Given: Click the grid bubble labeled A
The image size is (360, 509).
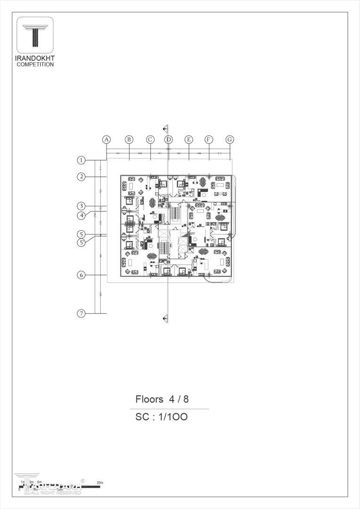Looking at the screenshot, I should pyautogui.click(x=106, y=140).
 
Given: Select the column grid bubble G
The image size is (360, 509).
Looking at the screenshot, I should pyautogui.click(x=229, y=140).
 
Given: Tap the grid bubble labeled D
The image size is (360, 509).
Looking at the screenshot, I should pyautogui.click(x=169, y=140).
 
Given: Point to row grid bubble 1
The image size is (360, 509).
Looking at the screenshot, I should pyautogui.click(x=82, y=160).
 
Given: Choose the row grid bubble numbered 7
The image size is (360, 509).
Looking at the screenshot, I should pyautogui.click(x=82, y=313).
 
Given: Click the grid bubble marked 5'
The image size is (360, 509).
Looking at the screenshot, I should pyautogui.click(x=82, y=242).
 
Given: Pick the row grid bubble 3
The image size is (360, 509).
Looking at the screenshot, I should pyautogui.click(x=82, y=206).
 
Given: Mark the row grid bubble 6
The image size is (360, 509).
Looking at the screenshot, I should pyautogui.click(x=82, y=275).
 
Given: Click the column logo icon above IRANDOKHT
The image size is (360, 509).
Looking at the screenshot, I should pyautogui.click(x=35, y=35).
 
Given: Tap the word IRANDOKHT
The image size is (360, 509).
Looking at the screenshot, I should pyautogui.click(x=35, y=58).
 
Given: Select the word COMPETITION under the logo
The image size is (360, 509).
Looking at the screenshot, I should pyautogui.click(x=35, y=65).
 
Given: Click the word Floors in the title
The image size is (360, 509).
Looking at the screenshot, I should pyautogui.click(x=149, y=399).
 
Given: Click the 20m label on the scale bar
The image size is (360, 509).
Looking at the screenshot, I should pyautogui.click(x=99, y=483).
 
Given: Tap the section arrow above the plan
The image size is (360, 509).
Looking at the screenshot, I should pyautogui.click(x=165, y=128).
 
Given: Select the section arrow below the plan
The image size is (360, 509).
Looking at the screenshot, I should pyautogui.click(x=165, y=319).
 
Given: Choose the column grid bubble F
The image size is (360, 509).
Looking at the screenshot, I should pyautogui.click(x=209, y=140).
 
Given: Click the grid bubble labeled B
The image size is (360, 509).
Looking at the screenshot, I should pyautogui.click(x=129, y=140).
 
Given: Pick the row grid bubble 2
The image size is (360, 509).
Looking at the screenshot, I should pyautogui.click(x=82, y=177).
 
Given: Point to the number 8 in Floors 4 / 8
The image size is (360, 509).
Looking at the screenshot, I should pyautogui.click(x=186, y=399).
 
